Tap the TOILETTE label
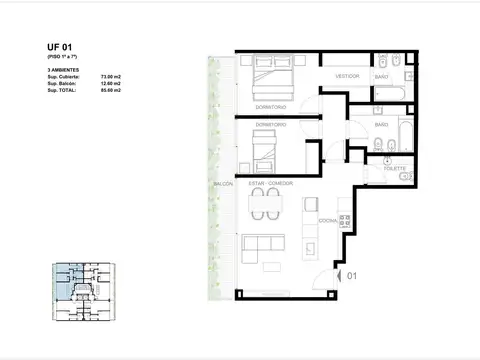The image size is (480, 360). pos(393,168)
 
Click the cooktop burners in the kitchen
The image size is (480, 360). pos(345,217)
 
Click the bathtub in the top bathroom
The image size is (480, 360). pos(392,96)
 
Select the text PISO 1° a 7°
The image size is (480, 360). pos(62,58)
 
